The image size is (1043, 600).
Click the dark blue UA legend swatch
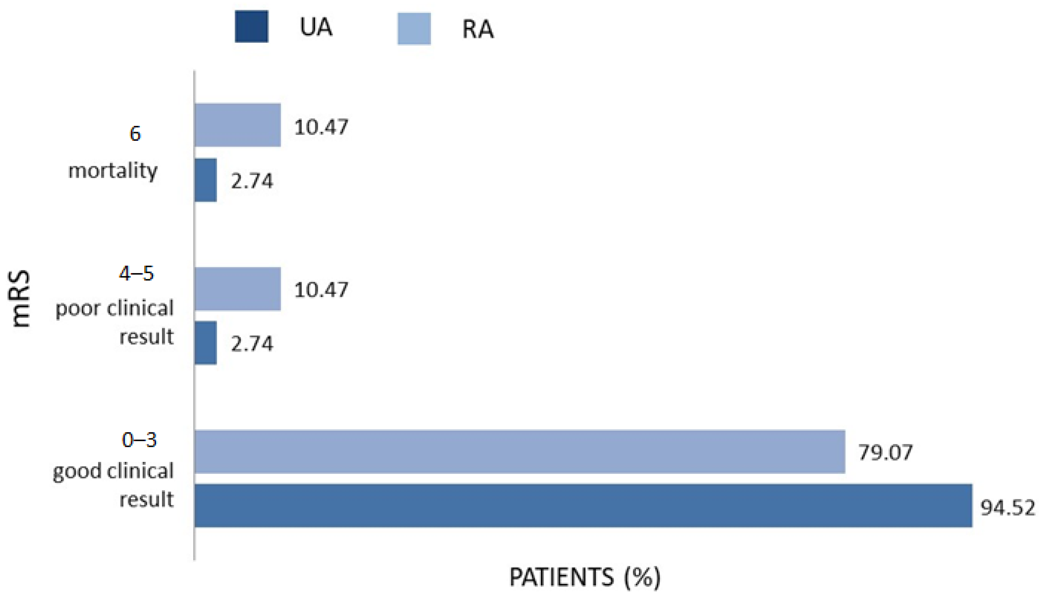coord(251,27)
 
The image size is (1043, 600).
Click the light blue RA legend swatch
coord(414,29)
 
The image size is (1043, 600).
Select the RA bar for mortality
coord(237,125)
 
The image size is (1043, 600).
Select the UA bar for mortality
coord(205,180)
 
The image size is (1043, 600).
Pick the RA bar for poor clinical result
coord(237,289)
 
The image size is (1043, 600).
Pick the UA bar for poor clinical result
coord(205,343)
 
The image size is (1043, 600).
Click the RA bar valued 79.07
coord(519,452)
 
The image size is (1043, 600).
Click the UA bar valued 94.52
coord(583,506)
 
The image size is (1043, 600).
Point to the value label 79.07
coord(885,453)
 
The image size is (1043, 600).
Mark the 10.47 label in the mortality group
coord(321,127)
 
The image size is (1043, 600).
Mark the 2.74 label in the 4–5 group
coord(252,344)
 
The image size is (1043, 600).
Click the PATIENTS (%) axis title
coord(585,577)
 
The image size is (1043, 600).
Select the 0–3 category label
coord(139,440)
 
